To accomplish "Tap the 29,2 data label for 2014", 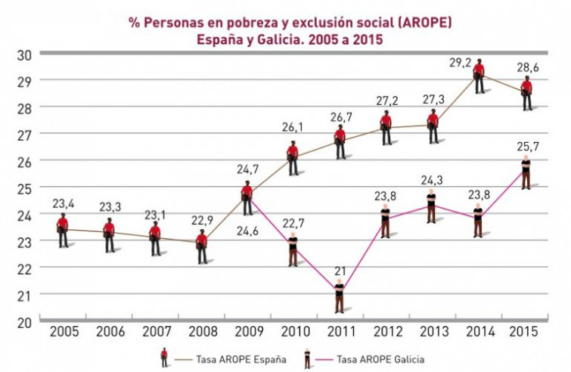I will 460,63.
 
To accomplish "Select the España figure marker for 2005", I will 63,230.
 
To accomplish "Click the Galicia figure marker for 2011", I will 340,296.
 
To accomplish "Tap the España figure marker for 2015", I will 526,92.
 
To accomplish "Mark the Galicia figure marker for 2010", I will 293,249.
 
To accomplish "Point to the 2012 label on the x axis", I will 386,331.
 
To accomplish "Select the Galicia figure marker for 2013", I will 431,206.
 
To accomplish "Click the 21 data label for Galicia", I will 340,271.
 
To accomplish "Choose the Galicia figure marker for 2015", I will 526,172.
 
